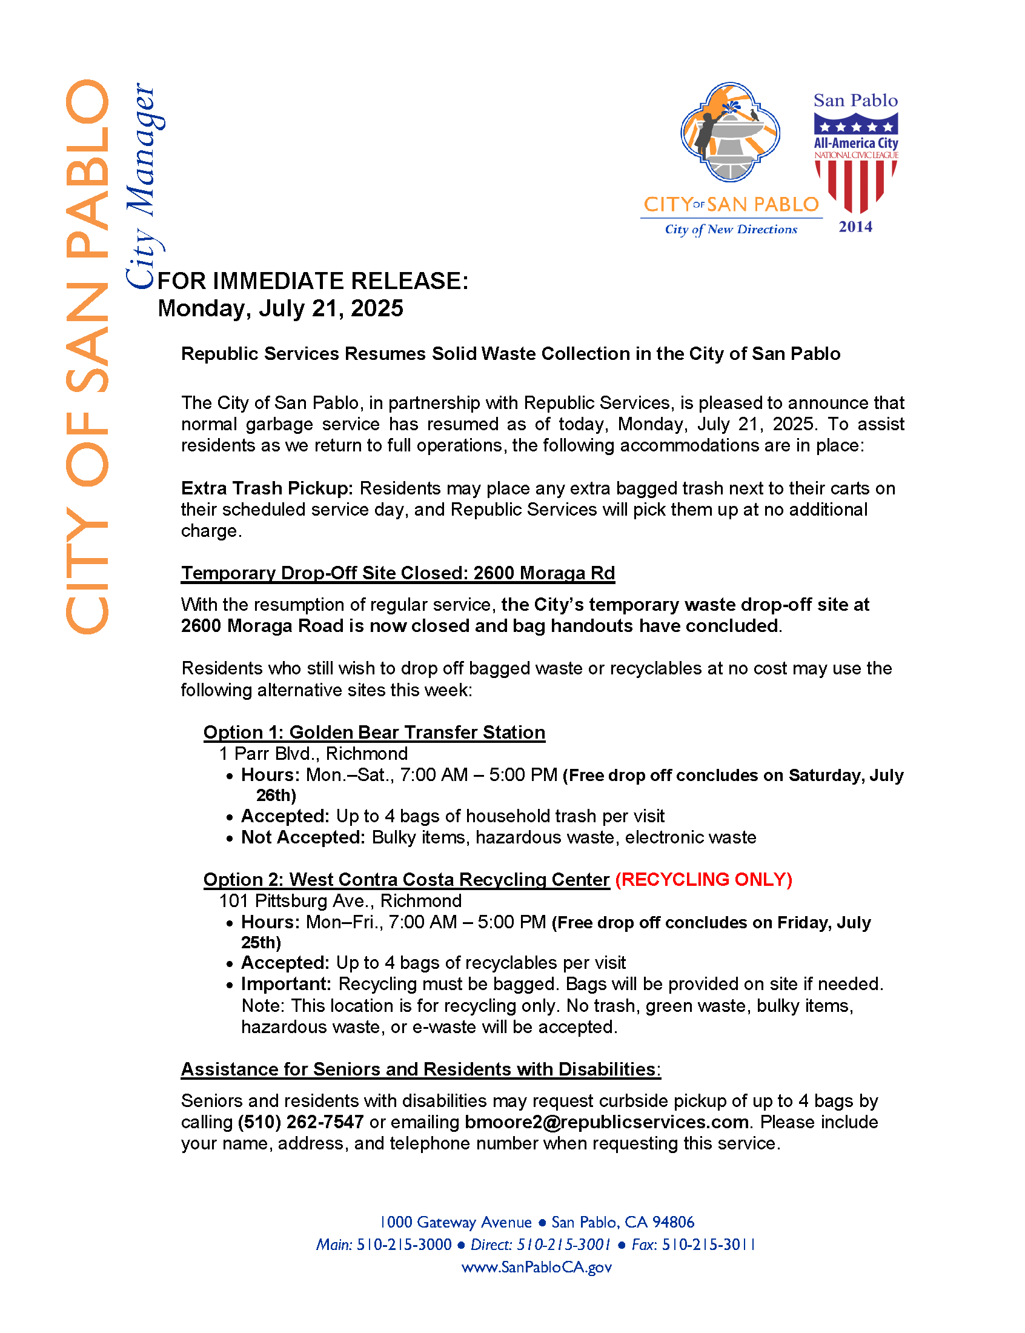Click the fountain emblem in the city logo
(x=730, y=131)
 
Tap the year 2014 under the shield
(x=855, y=227)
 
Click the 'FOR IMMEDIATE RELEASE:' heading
(x=313, y=281)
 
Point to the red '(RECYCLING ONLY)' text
(x=703, y=879)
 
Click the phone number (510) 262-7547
(x=301, y=1122)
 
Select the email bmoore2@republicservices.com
(x=606, y=1122)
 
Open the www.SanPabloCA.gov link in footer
(x=536, y=1267)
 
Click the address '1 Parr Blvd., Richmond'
(x=314, y=753)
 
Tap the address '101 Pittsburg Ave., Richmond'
(x=340, y=900)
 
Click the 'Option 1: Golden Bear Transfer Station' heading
(x=374, y=732)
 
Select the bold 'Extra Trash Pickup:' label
(x=267, y=488)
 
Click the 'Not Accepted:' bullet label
(x=304, y=837)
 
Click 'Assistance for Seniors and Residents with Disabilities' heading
(x=420, y=1069)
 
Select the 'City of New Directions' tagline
(x=731, y=230)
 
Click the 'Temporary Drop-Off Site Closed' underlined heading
(x=398, y=573)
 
